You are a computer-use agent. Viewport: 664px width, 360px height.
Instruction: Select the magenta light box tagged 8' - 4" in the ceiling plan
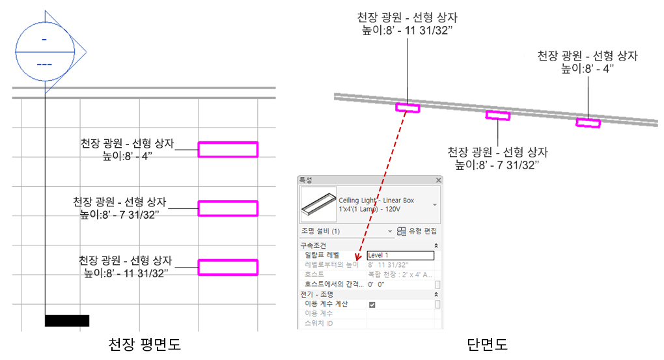[228, 150]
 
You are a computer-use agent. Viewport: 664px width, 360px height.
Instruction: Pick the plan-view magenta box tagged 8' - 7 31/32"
[228, 208]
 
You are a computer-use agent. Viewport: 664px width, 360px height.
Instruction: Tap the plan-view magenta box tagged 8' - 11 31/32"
[228, 267]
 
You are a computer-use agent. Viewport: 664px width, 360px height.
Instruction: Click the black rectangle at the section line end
[66, 320]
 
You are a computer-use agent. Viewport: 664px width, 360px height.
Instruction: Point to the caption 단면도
[487, 344]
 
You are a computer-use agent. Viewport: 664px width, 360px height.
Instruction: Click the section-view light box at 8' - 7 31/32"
[498, 116]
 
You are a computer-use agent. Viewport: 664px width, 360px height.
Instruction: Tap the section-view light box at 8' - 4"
[588, 122]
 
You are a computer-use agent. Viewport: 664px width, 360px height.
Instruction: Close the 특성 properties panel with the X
[438, 180]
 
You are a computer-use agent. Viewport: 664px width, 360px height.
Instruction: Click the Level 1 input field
[400, 255]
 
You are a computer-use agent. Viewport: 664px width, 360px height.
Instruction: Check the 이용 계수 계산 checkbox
[372, 304]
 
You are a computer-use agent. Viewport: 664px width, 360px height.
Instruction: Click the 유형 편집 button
[417, 231]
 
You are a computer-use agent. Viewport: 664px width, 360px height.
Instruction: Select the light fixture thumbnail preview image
[317, 204]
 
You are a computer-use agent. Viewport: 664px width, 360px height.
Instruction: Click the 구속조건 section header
[314, 245]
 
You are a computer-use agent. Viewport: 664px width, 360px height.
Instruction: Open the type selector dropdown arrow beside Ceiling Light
[435, 204]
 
